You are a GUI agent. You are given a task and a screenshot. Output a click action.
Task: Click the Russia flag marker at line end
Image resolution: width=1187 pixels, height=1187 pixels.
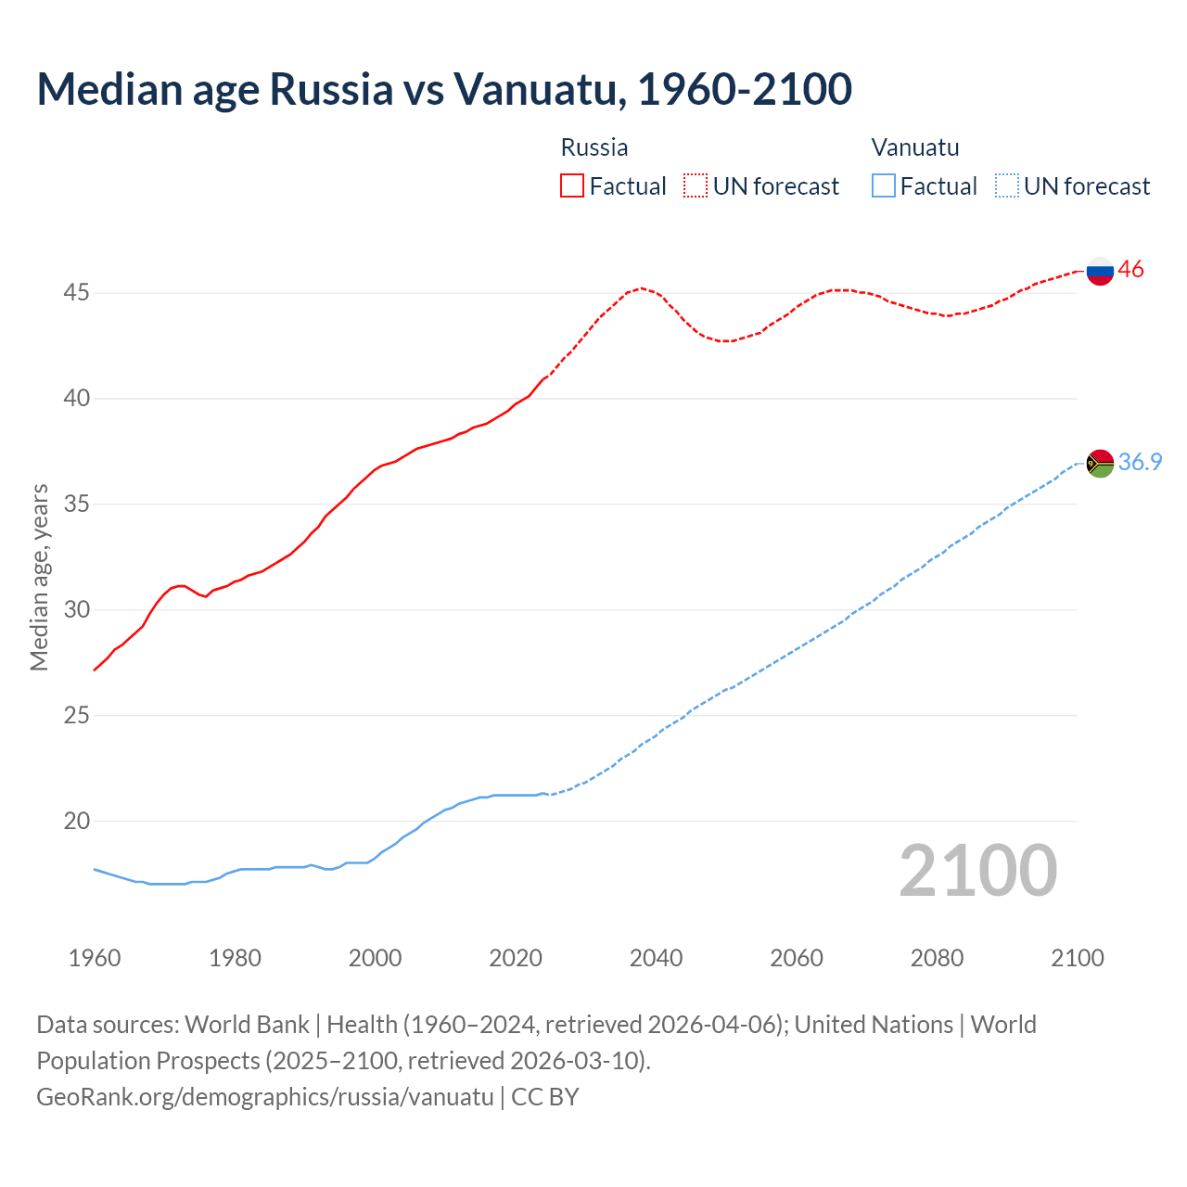1100,271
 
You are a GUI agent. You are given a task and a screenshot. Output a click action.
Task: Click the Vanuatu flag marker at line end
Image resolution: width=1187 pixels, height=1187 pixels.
1100,463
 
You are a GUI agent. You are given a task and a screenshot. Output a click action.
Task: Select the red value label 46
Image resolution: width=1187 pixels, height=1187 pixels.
1130,270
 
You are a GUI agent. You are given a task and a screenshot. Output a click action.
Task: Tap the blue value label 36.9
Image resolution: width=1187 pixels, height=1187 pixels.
1140,462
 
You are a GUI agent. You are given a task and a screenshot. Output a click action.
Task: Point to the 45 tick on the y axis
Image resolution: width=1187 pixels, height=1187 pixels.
76,293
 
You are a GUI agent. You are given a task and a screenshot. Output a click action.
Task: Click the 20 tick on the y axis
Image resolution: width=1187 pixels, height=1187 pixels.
76,822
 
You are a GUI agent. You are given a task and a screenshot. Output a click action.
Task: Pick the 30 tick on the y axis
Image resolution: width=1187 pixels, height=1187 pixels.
76,610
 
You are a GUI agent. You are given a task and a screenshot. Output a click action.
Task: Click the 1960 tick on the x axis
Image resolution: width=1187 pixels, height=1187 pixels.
95,958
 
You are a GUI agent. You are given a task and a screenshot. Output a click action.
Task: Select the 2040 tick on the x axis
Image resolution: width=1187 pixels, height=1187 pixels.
656,958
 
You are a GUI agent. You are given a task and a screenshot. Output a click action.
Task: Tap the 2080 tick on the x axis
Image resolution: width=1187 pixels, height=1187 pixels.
937,958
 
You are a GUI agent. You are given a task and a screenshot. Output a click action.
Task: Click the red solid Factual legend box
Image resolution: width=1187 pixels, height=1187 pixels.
572,186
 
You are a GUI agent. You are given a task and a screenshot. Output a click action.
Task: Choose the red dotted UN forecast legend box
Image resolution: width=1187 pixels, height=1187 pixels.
696,186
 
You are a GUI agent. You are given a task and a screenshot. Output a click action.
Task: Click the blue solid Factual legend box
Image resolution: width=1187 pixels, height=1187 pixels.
884,186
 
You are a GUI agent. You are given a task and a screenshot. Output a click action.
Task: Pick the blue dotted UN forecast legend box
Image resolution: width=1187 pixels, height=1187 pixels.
1006,186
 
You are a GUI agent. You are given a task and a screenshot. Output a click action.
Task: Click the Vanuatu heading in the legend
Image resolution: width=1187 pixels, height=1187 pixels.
915,147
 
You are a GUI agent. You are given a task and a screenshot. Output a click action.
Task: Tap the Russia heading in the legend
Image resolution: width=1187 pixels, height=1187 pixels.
594,147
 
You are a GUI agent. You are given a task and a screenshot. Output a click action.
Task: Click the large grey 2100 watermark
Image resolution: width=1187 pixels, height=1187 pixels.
977,871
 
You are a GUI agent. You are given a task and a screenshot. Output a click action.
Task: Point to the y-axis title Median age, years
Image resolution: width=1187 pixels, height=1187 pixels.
39,577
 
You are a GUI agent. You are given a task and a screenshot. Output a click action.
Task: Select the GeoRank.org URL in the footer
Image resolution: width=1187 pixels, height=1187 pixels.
265,1097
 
